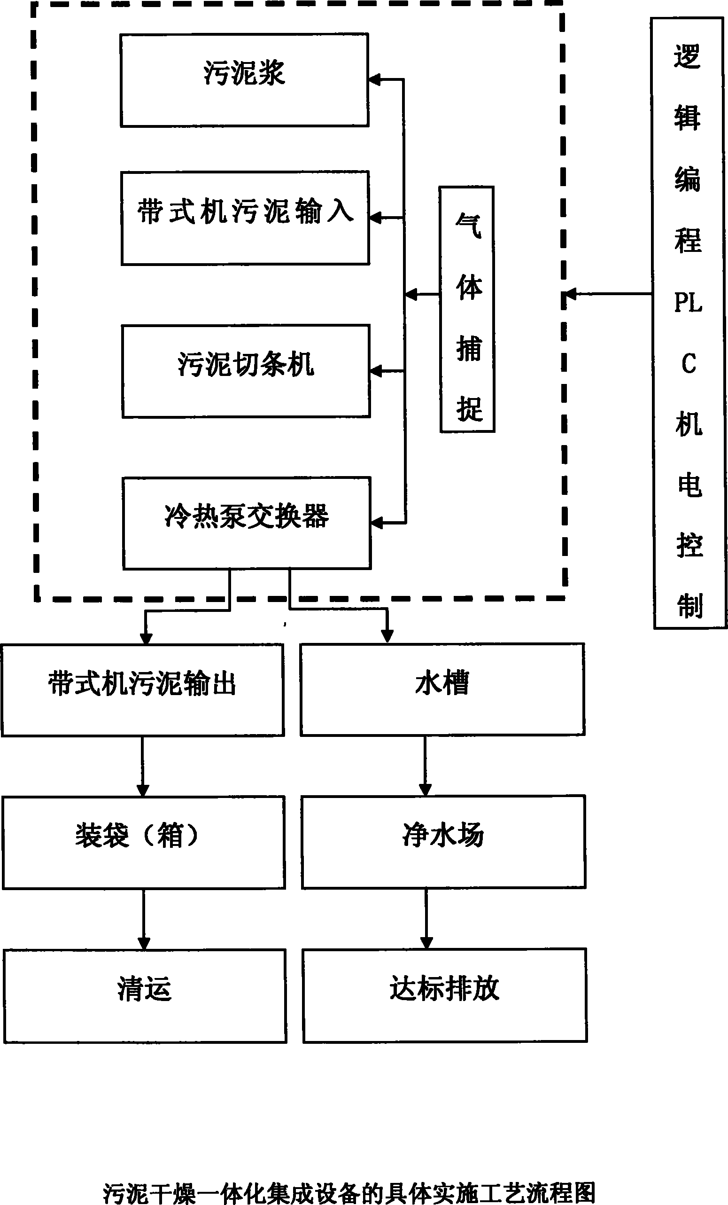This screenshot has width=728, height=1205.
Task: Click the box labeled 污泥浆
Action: (244, 80)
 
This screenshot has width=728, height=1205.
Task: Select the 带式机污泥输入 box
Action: (245, 218)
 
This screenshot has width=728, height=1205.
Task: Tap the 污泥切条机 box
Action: (246, 371)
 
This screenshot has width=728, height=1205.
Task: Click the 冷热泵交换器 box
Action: (247, 523)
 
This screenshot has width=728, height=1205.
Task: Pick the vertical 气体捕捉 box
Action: (467, 310)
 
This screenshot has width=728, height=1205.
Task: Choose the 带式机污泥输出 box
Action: (143, 689)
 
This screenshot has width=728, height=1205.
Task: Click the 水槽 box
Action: (442, 689)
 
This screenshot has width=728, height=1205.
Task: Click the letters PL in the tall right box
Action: (688, 303)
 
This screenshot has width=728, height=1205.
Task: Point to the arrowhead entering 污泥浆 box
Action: (375, 80)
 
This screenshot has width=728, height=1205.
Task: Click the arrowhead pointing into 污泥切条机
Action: (376, 371)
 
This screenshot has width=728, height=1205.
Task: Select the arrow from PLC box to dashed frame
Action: (608, 294)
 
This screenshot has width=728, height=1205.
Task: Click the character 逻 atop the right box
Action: (687, 56)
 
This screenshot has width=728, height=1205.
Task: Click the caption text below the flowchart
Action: (349, 1193)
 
